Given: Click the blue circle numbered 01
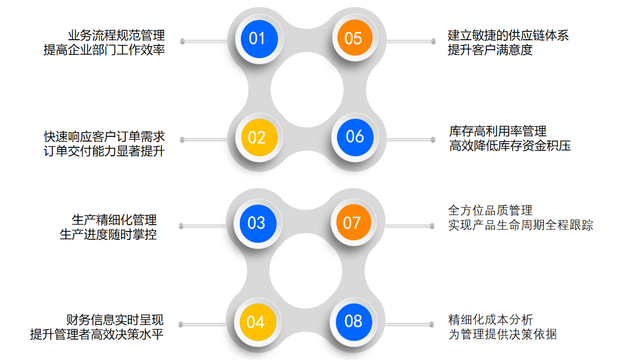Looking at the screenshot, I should (257, 38).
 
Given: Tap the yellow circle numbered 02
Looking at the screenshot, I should (256, 137).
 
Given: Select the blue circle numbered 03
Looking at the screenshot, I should (256, 223).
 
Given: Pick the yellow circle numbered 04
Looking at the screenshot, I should (255, 322).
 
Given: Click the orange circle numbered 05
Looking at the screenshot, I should (353, 38).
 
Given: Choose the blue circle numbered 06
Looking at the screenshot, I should (355, 137).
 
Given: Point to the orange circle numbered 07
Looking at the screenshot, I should (352, 223).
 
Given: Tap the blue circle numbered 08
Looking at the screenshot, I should (354, 321).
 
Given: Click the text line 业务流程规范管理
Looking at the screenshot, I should (116, 36).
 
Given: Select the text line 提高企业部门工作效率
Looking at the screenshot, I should (104, 51).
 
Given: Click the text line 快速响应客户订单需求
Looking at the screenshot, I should (104, 137).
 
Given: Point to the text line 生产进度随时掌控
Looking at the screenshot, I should (108, 235).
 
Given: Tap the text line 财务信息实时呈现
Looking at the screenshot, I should (115, 319).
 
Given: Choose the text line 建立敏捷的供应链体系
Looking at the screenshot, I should (508, 36).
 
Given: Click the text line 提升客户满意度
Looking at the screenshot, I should (490, 51).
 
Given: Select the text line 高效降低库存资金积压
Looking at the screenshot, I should (510, 146).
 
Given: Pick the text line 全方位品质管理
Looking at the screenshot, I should (490, 211).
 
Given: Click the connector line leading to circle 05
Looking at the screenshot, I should (410, 41).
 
